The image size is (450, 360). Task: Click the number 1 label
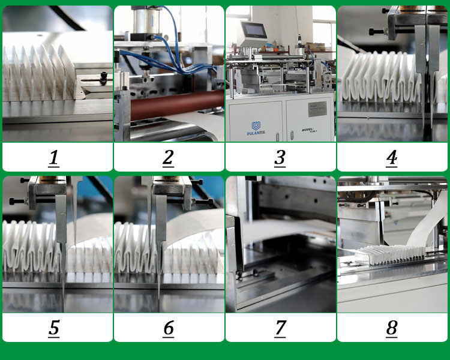[x=54, y=158]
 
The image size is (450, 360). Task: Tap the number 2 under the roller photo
[x=168, y=158]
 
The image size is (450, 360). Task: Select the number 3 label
[x=280, y=158]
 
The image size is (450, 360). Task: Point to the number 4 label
[x=392, y=158]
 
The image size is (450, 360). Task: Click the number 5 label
[x=54, y=328]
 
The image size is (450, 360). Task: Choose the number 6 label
[x=168, y=328]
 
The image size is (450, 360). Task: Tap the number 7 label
[x=280, y=328]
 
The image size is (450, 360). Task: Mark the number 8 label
[x=392, y=328]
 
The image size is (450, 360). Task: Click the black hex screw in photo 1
[x=104, y=77]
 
